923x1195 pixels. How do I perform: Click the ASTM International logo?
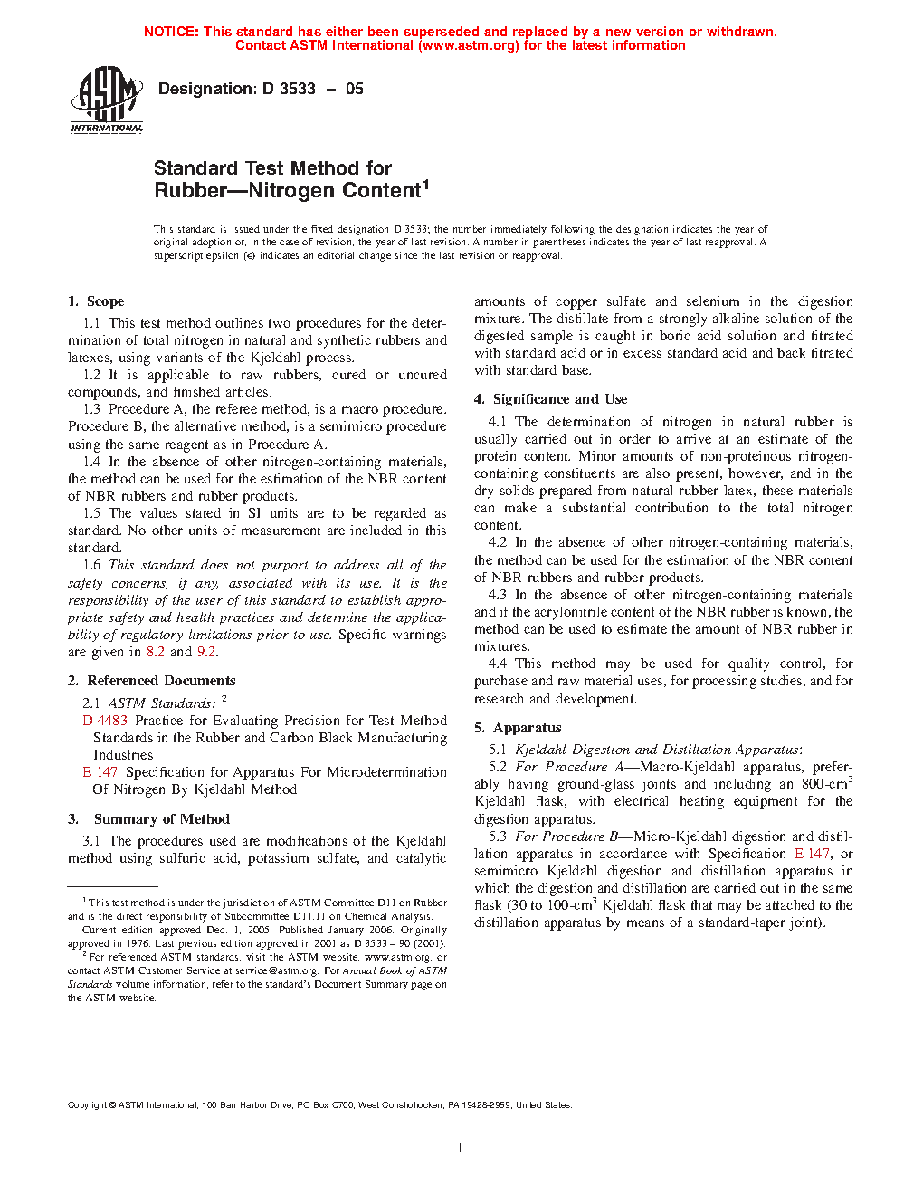(107, 100)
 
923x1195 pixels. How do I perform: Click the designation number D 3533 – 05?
(261, 89)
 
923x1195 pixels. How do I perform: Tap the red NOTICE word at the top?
(170, 32)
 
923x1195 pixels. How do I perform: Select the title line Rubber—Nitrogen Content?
(290, 190)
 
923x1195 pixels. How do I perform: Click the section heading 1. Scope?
(96, 301)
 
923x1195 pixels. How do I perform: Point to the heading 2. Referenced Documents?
(152, 681)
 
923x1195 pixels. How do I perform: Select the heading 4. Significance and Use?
(550, 399)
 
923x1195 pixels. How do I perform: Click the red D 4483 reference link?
(105, 721)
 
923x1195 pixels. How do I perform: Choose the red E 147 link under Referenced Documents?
(100, 772)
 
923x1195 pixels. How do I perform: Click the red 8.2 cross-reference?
(156, 652)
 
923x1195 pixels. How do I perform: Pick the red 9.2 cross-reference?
(206, 652)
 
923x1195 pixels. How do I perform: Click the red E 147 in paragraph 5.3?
(812, 854)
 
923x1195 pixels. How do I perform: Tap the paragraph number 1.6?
(91, 565)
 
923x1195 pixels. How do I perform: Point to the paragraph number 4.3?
(497, 595)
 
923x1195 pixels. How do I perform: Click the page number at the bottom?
(461, 1149)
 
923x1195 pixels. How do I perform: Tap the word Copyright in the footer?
(87, 1105)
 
